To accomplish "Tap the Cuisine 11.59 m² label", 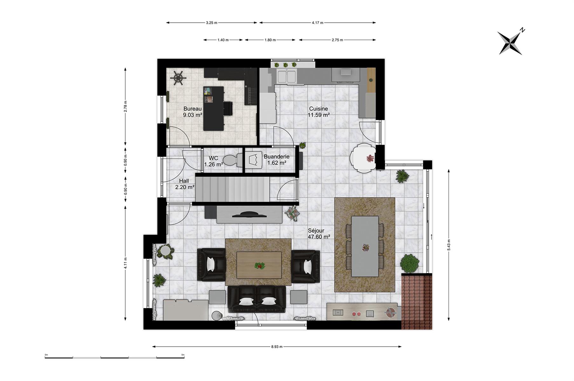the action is point(318,112).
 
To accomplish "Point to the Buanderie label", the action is point(277,157).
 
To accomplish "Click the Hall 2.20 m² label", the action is point(184,184).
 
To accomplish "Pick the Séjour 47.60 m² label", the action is point(319,234).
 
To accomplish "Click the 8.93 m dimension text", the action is point(277,347).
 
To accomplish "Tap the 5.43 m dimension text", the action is point(449,244).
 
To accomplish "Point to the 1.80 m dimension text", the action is point(270,40).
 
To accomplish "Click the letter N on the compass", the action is point(523,30).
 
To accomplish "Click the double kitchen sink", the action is point(287,77).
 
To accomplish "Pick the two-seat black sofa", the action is point(257,299).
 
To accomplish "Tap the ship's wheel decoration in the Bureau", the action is point(178,78).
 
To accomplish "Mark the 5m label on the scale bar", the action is point(183,355).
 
